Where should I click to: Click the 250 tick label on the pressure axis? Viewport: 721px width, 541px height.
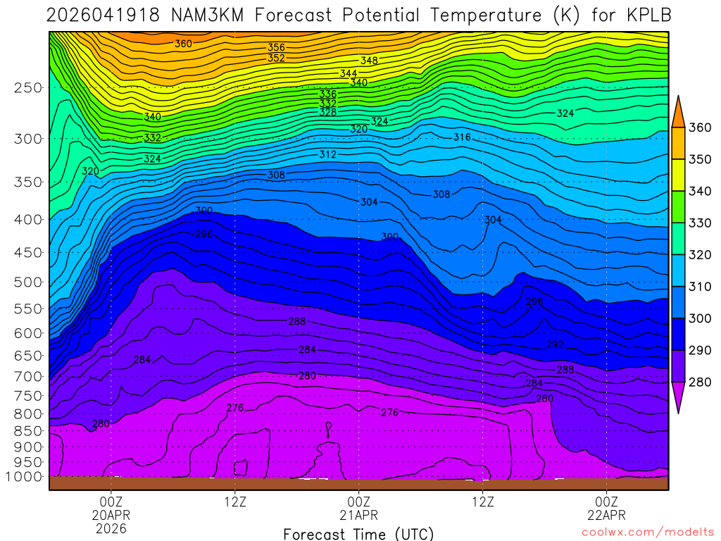(27, 88)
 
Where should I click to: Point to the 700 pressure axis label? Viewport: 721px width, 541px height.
(27, 377)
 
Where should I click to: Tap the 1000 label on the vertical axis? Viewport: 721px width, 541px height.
(23, 477)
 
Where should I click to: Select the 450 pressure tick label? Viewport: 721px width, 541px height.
(27, 253)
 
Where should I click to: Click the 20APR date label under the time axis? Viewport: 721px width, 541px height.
(111, 515)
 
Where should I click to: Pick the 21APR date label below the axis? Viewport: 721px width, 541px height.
(359, 515)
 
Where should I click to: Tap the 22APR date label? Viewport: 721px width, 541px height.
(607, 515)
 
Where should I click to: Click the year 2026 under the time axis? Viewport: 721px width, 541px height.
(111, 528)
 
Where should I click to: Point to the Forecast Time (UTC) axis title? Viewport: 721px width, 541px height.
(359, 534)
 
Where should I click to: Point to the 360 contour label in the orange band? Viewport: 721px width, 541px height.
(183, 44)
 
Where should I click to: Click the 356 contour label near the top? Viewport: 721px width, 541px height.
(276, 48)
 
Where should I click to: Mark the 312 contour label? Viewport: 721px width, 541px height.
(328, 154)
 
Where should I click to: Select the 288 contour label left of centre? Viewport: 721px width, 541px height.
(297, 322)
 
